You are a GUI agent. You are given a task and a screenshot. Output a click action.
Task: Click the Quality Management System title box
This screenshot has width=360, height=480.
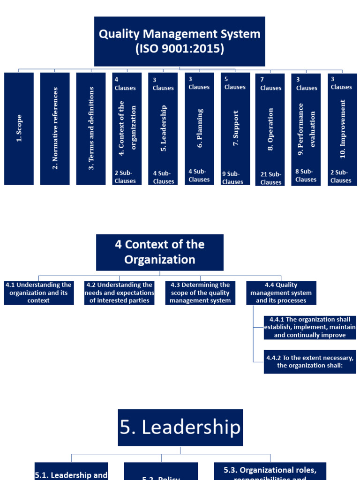point(180,41)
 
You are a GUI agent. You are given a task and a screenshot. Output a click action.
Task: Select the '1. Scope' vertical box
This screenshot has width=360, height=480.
point(19,128)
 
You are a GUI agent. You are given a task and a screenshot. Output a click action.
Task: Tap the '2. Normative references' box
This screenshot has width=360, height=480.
point(55,128)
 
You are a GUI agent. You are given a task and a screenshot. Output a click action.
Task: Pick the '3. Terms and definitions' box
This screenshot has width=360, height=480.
point(91,128)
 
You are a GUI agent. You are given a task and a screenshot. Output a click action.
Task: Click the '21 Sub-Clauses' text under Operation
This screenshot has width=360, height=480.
point(270,179)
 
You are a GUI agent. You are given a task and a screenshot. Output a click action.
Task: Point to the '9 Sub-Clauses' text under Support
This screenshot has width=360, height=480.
point(233,178)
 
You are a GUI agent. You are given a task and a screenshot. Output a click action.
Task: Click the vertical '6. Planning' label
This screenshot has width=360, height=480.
point(200,128)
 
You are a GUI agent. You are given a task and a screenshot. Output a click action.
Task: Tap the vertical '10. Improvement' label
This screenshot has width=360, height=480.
point(343,128)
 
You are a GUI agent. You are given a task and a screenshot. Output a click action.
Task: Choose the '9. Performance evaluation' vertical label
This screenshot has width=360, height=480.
point(307,126)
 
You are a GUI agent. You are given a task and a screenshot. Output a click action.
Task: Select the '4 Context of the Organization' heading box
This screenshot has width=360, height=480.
point(160,252)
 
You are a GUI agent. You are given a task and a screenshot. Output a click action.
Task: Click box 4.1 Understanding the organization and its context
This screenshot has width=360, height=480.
point(38,293)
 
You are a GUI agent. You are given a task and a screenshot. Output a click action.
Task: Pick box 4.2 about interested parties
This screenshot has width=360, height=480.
point(120,293)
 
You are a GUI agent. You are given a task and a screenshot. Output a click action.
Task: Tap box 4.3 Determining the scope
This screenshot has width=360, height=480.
point(200,293)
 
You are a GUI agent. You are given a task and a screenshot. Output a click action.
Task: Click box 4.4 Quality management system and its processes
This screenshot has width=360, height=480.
point(281,293)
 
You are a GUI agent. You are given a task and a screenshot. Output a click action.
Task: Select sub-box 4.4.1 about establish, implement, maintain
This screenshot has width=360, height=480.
point(310,327)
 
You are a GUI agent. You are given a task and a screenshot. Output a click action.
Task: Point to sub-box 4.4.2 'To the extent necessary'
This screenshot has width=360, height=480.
point(310,361)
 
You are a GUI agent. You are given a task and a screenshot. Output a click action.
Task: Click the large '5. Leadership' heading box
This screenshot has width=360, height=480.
point(180,427)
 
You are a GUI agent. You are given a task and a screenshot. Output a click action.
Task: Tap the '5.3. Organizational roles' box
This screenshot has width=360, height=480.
point(270,471)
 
